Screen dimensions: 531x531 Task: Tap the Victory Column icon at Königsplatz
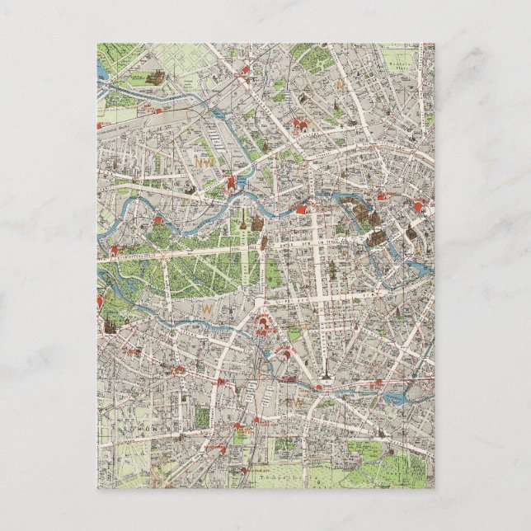pos(245,224)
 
